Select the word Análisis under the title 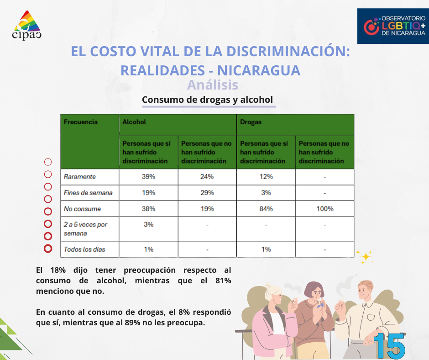213,85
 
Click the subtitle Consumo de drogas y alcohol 207,100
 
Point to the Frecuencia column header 81,122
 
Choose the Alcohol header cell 134,122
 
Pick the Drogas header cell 251,122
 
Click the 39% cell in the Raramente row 148,177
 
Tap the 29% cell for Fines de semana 207,193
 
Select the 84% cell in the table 266,209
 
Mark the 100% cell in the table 324,209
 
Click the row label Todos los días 85,249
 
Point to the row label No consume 82,209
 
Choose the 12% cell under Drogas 266,177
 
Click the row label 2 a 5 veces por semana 85,229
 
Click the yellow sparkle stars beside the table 365,256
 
